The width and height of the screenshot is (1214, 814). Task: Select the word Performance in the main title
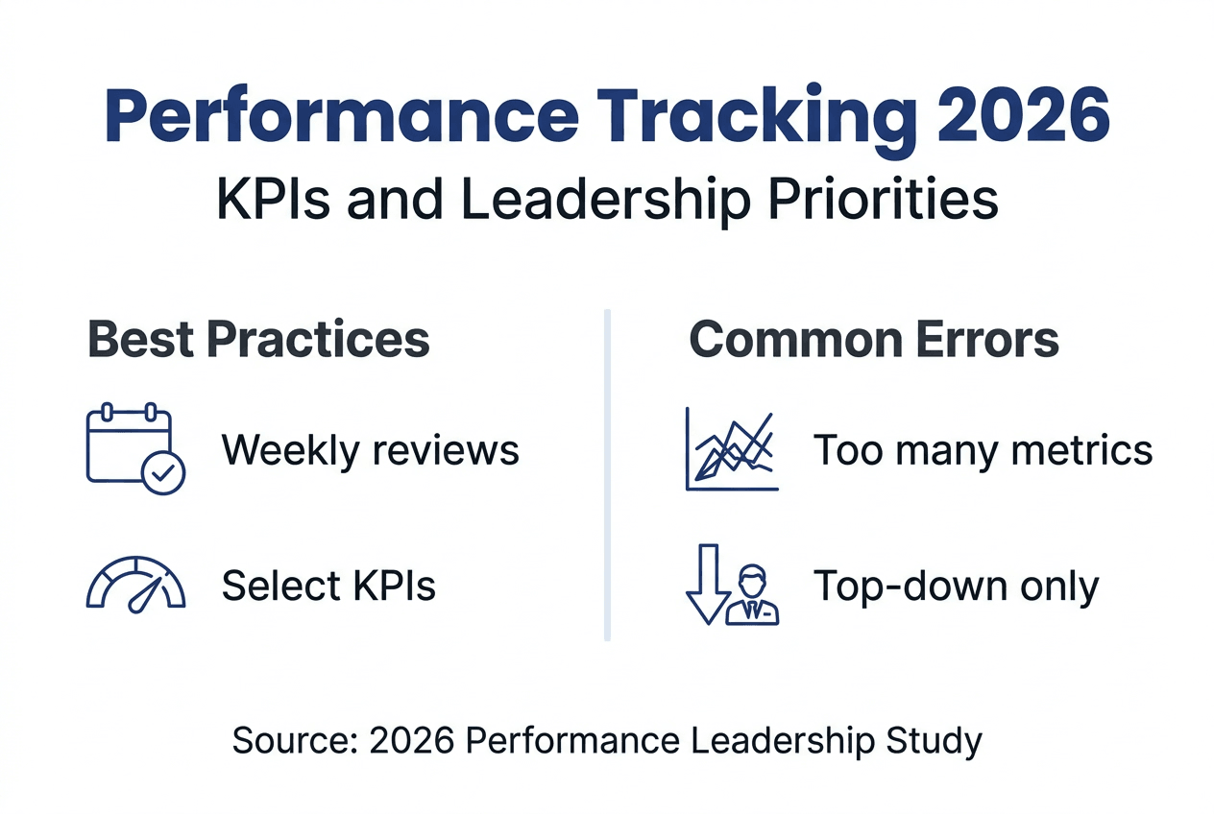(341, 116)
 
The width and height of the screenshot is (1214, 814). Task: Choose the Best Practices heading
(258, 339)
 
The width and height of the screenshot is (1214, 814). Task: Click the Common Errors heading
(874, 339)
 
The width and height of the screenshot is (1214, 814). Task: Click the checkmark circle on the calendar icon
(163, 471)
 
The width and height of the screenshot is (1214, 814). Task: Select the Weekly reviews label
(371, 449)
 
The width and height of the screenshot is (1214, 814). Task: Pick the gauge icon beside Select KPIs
(135, 586)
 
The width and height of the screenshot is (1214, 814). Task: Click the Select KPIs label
(328, 586)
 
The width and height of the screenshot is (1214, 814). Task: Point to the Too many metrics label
(983, 449)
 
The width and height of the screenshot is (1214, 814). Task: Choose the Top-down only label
(956, 586)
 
